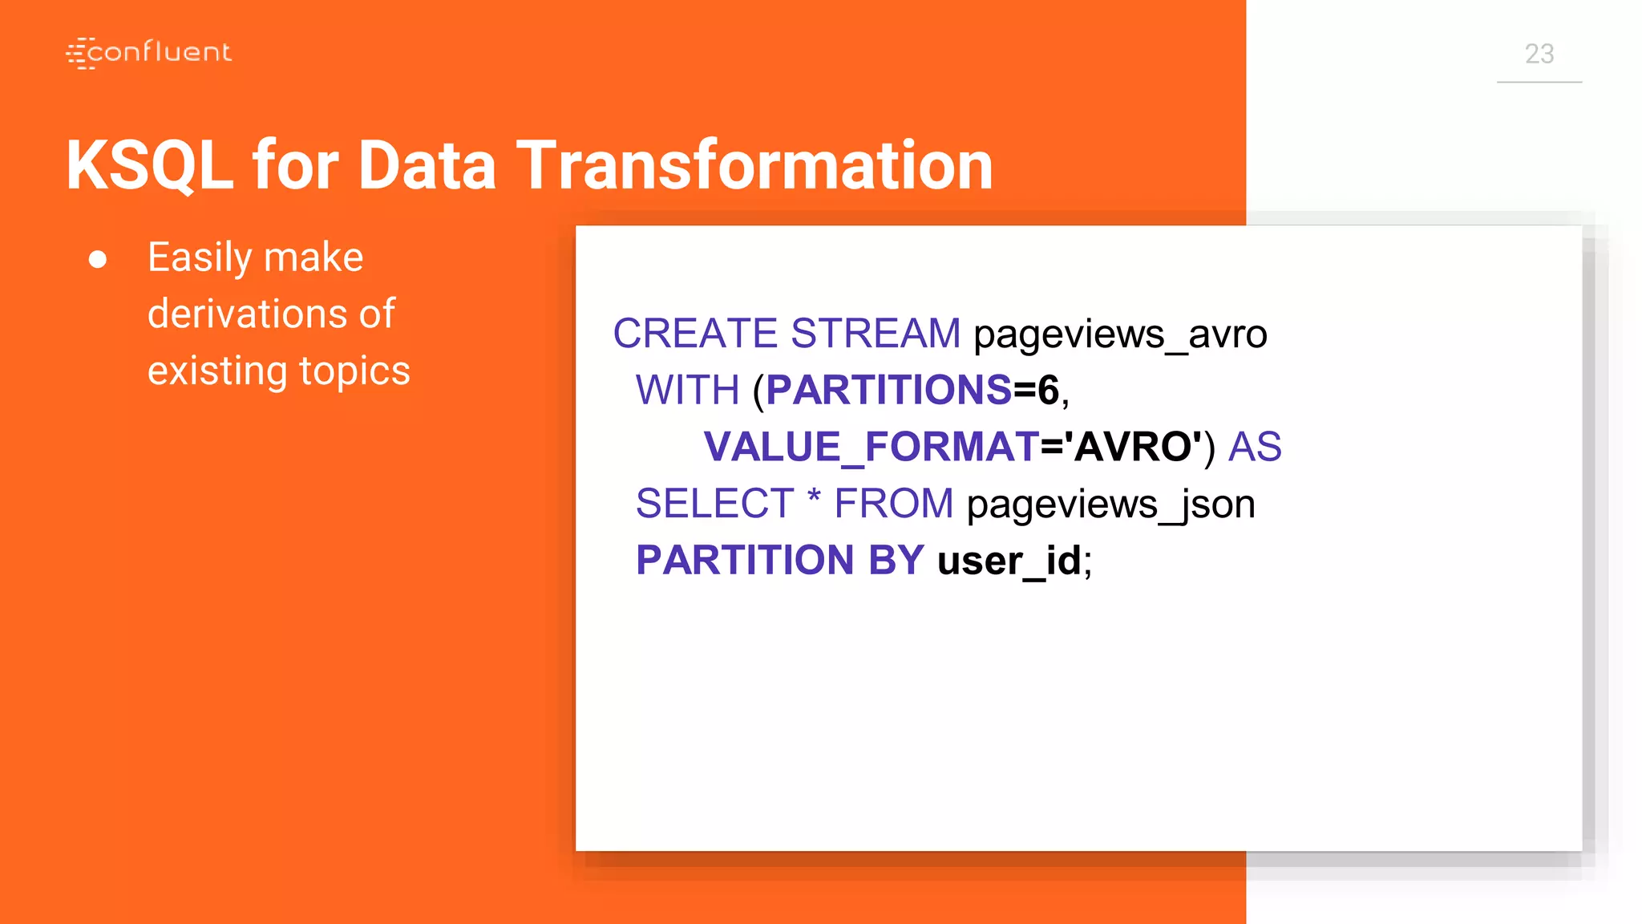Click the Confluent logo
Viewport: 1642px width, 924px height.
coord(149,53)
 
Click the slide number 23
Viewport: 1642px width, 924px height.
coord(1539,54)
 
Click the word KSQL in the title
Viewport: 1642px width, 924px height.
coord(149,165)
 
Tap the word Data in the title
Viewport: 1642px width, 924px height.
coord(427,165)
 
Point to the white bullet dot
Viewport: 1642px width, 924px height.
coord(98,259)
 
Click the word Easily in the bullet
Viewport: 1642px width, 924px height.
coord(200,258)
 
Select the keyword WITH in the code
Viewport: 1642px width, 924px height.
coord(687,391)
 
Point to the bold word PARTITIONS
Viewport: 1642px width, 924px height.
coord(888,391)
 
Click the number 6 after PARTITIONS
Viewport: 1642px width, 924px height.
coord(1048,391)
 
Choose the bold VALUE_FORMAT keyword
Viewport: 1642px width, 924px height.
coord(872,448)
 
